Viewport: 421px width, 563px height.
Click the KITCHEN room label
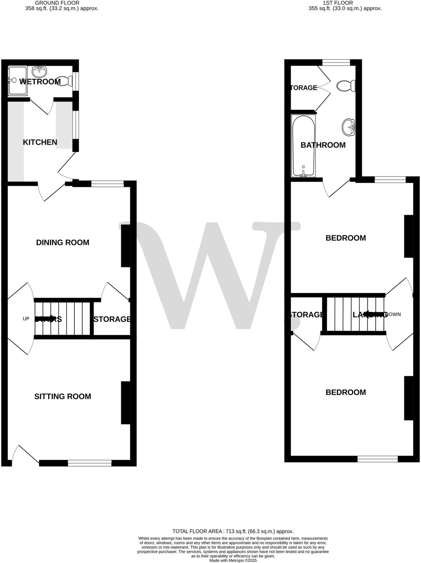[40, 142]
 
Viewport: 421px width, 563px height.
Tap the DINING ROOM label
[63, 242]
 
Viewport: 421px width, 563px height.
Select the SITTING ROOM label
[63, 396]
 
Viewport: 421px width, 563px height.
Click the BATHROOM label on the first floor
[323, 145]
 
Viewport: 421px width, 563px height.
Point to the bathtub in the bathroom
[303, 146]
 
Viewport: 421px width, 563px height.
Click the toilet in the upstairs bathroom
[346, 86]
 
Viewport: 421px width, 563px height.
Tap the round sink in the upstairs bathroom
[349, 127]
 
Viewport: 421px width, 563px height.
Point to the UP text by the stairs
[26, 319]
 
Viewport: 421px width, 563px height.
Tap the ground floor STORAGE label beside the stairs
[112, 319]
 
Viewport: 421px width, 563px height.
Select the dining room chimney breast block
[125, 246]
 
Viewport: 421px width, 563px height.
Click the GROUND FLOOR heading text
[57, 3]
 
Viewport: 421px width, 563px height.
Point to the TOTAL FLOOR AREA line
[233, 531]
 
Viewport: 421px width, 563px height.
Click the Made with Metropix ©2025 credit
[233, 560]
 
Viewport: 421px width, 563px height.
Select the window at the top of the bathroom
[336, 63]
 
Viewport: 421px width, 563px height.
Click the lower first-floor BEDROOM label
[346, 392]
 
